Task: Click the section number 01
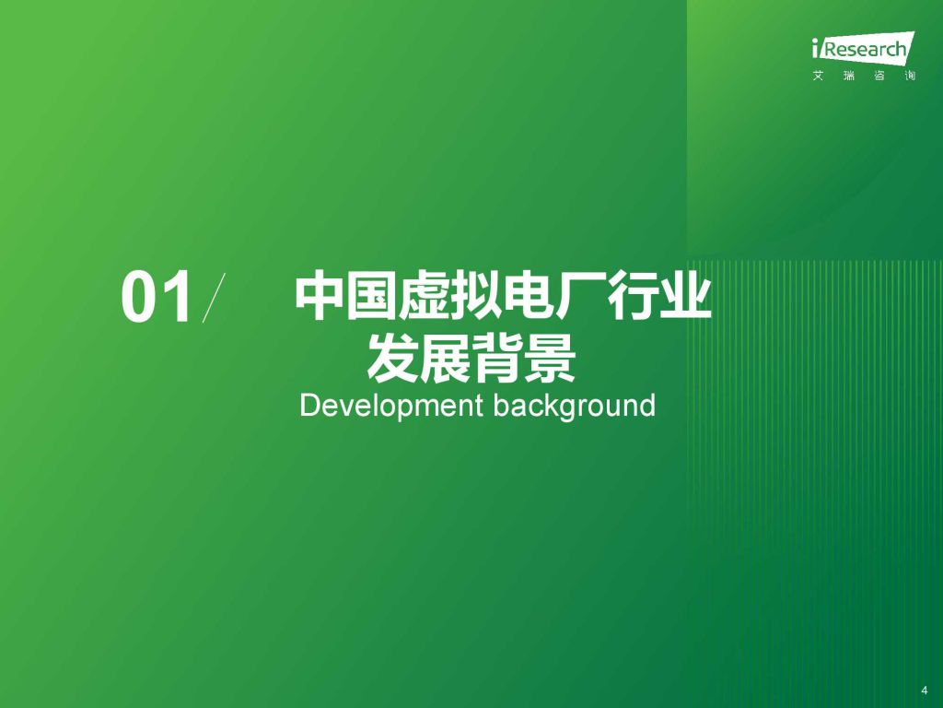[157, 297]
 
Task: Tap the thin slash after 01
[214, 298]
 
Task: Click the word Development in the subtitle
[391, 406]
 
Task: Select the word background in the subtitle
[575, 406]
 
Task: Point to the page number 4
[925, 690]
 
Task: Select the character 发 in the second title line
[393, 359]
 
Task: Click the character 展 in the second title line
[446, 359]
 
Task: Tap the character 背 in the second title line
[498, 359]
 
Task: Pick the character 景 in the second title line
[551, 359]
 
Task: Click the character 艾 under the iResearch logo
[818, 76]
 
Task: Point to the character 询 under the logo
[910, 76]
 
